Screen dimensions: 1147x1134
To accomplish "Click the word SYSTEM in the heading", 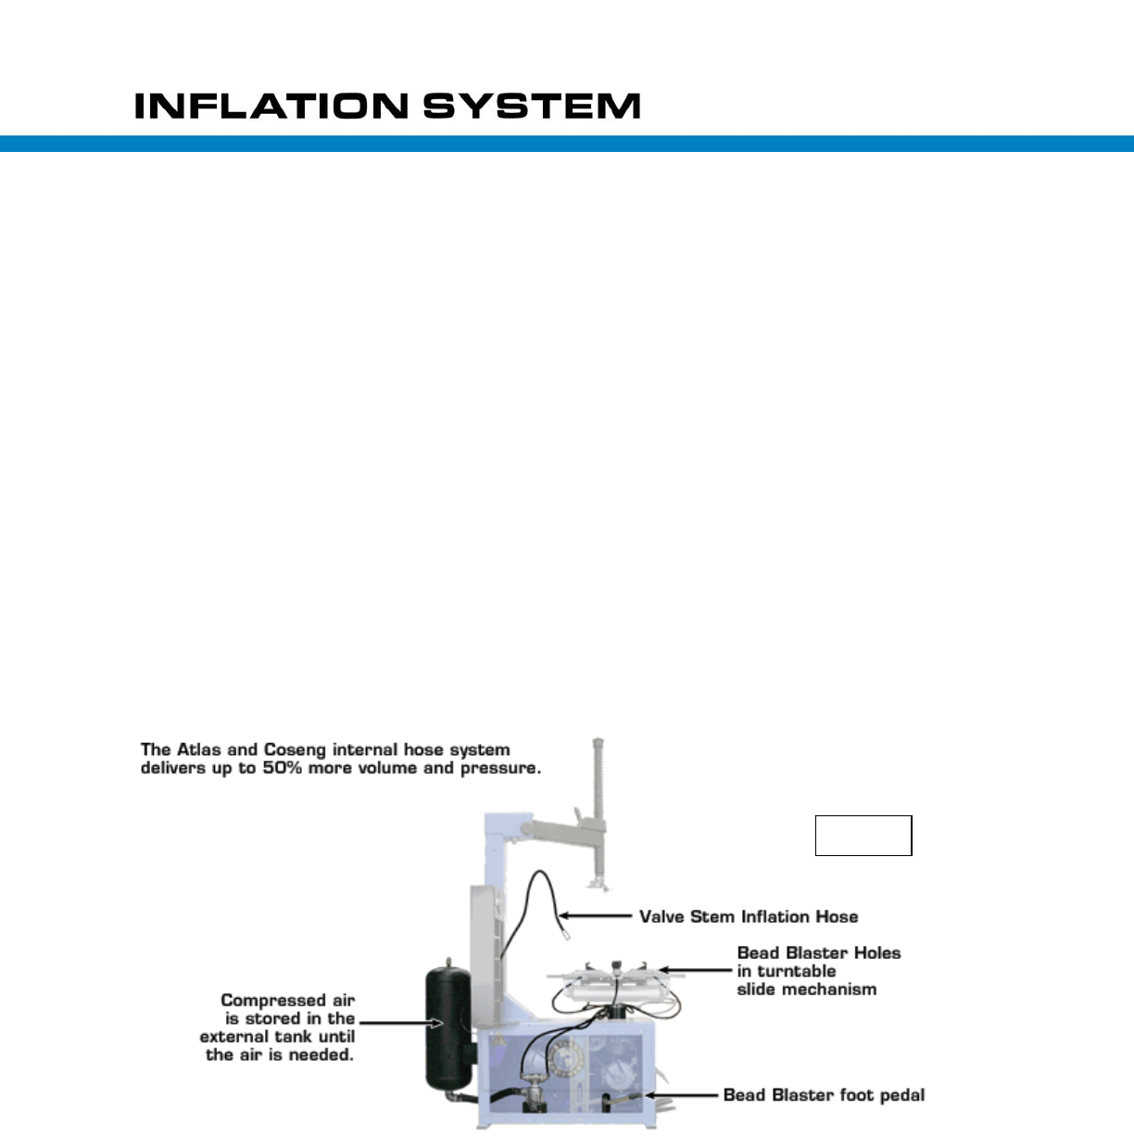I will pos(532,106).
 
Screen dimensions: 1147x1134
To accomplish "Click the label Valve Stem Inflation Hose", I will pos(749,916).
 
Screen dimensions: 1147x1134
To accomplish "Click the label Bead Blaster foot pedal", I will pos(824,1094).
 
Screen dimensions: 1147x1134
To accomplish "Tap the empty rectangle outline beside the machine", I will pos(863,835).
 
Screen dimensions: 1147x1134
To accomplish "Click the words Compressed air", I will pos(287,1001).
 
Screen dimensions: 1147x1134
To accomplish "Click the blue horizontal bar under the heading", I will pos(567,144).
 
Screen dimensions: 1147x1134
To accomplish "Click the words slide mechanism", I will pos(806,989).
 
